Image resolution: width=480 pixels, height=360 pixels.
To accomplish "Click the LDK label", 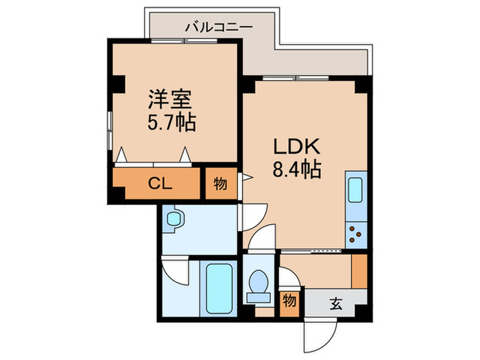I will point(293,147).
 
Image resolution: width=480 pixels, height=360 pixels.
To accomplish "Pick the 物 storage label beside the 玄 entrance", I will point(291,301).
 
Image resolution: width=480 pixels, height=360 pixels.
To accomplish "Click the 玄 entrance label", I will point(336,302).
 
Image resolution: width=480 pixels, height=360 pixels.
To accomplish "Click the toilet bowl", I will point(259,282).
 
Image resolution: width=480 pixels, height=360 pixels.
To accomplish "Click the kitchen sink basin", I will point(357,190).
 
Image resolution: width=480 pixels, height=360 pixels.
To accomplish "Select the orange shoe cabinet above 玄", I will point(358,271).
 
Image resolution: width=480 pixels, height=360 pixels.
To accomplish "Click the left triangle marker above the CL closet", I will point(121,155).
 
